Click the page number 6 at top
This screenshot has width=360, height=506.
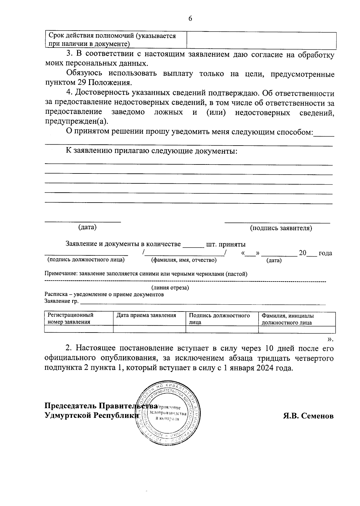[190, 19]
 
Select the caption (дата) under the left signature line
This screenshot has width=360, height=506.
[87, 227]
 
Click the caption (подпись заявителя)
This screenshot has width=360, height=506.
[281, 228]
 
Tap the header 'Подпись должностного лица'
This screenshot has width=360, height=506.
[219, 319]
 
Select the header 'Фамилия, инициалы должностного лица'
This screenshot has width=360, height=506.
[287, 319]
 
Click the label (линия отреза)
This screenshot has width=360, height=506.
[170, 288]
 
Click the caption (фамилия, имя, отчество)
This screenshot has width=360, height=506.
[184, 260]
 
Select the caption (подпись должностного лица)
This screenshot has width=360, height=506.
[86, 260]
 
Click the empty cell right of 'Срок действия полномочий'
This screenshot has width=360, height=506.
[261, 40]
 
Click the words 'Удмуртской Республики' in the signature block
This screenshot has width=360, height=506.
[91, 415]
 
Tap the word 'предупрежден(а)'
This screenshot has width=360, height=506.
[76, 122]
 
